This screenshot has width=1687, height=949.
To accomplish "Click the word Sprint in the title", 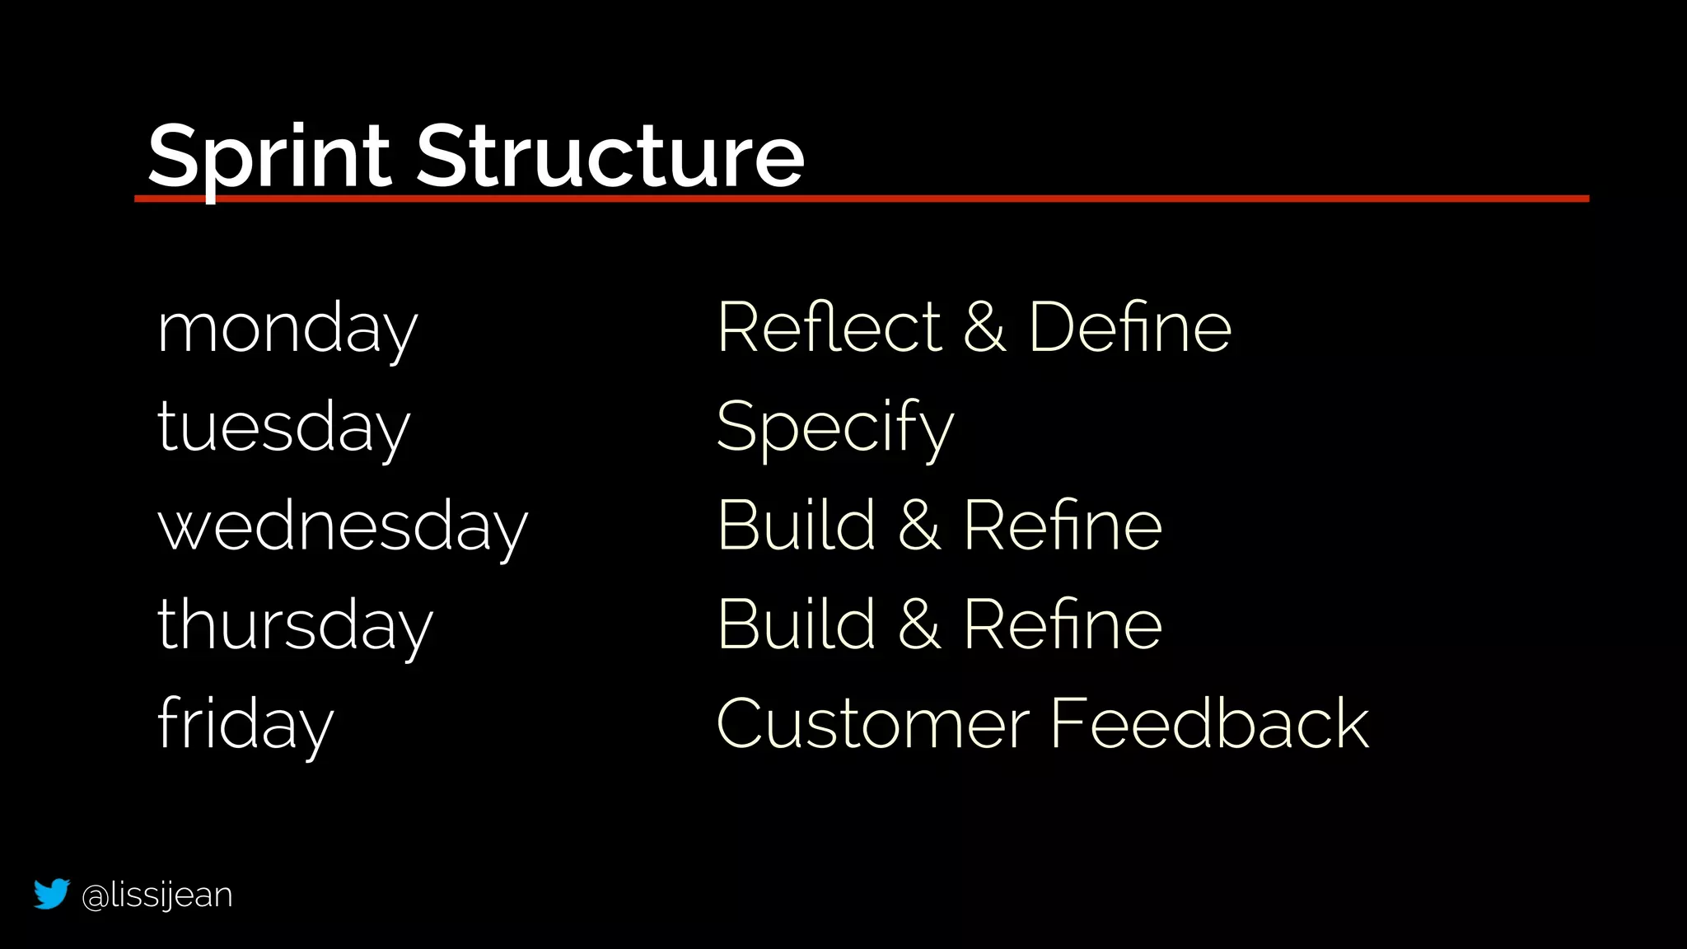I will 269,157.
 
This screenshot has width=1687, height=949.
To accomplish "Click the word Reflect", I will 829,328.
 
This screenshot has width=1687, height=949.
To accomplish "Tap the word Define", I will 1129,328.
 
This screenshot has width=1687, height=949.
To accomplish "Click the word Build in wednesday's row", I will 797,526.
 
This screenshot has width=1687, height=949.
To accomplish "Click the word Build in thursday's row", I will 797,624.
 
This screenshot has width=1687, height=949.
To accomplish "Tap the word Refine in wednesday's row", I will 1063,526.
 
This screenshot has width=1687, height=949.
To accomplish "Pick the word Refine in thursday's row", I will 1063,624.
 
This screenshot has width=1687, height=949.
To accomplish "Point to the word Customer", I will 873,723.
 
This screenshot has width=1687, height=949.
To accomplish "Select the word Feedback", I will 1209,723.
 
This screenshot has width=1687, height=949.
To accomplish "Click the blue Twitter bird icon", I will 51,894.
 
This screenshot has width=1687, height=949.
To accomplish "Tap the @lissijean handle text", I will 157,895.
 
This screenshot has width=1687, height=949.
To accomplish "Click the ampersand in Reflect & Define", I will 984,328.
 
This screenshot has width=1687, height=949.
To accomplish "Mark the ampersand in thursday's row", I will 919,624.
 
